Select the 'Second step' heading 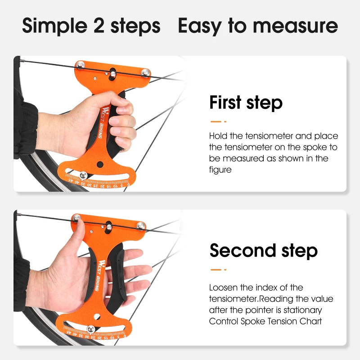tap(263, 250)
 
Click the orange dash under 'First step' tap(218, 121)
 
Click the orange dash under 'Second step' tap(218, 270)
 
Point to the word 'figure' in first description tap(220, 170)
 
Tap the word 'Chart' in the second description tap(311, 321)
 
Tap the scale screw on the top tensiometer tap(83, 175)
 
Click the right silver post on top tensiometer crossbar tap(145, 72)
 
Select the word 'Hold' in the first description tap(218, 136)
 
